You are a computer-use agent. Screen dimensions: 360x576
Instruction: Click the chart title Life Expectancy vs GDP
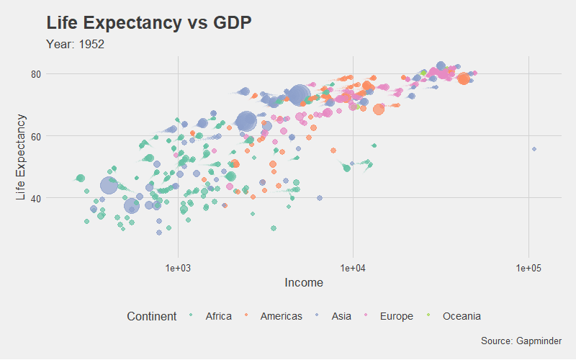148,23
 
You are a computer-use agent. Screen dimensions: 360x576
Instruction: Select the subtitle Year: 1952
75,45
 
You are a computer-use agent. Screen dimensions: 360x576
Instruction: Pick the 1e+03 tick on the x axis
177,268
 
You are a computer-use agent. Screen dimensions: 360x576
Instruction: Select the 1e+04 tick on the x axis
353,268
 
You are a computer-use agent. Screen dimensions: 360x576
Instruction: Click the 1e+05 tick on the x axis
528,268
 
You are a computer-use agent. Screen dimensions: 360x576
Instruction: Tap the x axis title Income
304,283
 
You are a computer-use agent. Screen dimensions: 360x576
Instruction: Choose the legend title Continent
151,316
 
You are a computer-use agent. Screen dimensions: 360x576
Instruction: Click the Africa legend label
218,316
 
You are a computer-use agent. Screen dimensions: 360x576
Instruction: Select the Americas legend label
281,316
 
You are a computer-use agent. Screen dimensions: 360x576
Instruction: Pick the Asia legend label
341,316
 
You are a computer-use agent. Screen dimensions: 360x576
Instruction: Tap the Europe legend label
396,316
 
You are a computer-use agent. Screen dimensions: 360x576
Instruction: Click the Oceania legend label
462,316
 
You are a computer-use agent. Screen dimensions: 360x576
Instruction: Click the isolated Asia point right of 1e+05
534,149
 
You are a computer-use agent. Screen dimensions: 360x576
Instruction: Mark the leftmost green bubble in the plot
81,178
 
